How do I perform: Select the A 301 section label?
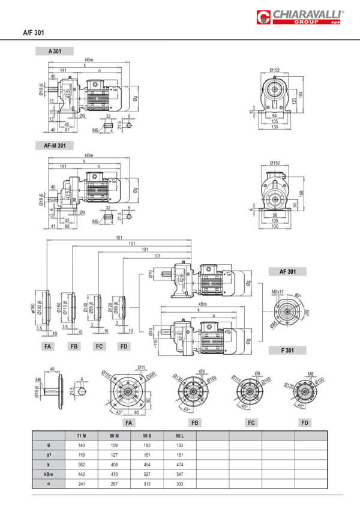[55, 52]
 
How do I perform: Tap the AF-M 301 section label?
[55, 145]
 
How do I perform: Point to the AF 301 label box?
[287, 271]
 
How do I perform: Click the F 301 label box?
[287, 349]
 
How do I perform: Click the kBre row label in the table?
[47, 474]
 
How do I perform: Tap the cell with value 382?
[81, 465]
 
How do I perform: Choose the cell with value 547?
[179, 474]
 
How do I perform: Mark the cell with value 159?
[114, 445]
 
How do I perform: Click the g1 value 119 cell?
[81, 454]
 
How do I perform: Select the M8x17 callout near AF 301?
[277, 292]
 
